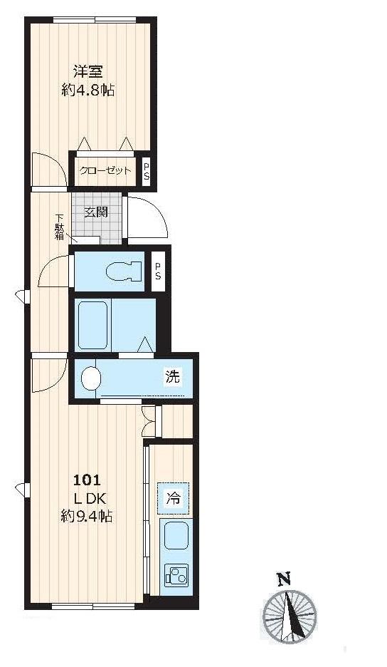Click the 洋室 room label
88,71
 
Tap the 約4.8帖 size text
88,90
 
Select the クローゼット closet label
105,170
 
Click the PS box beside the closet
147,172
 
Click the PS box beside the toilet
158,271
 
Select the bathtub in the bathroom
92,324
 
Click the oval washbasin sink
90,378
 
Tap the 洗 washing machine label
174,376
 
